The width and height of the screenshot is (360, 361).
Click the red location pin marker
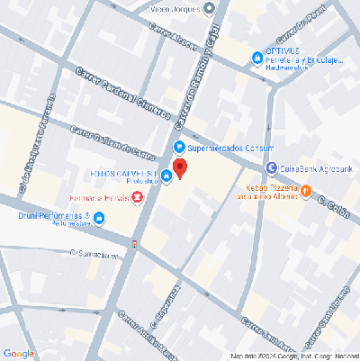[180, 168]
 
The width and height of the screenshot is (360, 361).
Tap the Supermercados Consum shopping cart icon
[179, 147]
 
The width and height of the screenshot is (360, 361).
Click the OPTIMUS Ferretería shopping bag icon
[256, 57]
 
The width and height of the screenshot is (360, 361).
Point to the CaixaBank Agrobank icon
[271, 167]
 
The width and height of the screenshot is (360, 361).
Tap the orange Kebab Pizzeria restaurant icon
[306, 190]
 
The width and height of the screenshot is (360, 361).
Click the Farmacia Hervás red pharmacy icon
[137, 197]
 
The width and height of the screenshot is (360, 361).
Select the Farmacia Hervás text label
[99, 198]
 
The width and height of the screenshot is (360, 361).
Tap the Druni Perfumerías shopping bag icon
[98, 217]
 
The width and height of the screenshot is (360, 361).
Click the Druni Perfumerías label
[52, 217]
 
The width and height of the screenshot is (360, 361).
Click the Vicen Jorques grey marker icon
[210, 9]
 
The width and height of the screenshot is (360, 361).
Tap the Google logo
[19, 352]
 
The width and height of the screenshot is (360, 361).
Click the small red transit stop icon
[134, 242]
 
